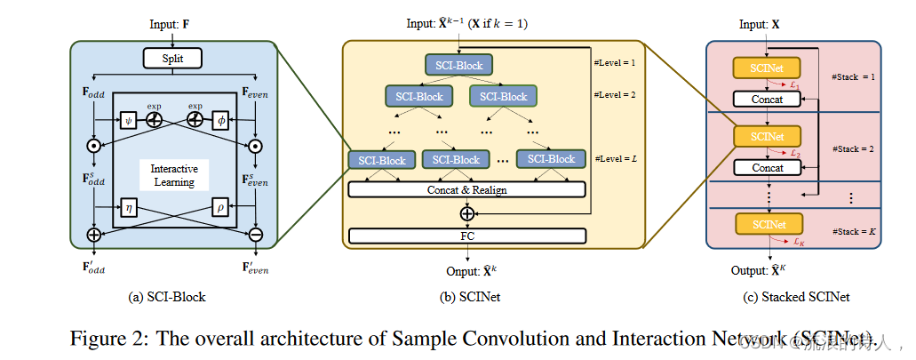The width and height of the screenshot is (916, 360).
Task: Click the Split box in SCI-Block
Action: coord(174,59)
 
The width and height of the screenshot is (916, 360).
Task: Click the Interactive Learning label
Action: coord(174,175)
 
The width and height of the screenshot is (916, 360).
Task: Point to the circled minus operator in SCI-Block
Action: coord(255,236)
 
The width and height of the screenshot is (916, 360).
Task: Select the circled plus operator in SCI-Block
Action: coord(92,236)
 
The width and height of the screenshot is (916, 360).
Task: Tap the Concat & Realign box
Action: coord(467,189)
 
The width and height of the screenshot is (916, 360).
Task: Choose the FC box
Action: coord(467,236)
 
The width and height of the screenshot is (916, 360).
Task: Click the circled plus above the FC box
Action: coord(467,213)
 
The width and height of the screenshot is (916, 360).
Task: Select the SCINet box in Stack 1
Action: coord(767,68)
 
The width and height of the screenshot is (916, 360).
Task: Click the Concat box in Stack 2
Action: coord(768,167)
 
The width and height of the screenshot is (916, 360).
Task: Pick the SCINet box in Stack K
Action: coord(767,222)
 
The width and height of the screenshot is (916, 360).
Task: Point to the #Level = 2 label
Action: coord(615,92)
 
